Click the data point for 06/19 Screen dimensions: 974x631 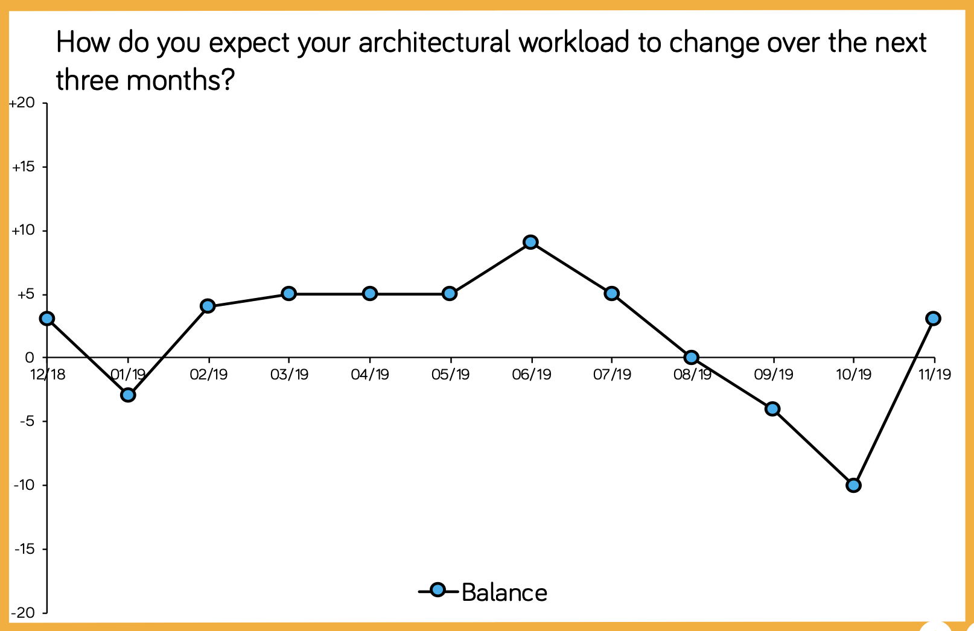(530, 242)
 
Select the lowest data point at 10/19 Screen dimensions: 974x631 (853, 486)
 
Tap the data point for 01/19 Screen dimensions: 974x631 (128, 395)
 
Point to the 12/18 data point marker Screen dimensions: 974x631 (47, 319)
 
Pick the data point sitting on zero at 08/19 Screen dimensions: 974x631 (692, 358)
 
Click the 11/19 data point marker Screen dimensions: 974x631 (933, 319)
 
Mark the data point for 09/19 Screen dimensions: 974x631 (772, 409)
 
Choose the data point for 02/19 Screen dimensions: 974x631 (208, 306)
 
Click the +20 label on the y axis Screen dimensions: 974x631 (22, 103)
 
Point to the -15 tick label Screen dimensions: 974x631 (24, 550)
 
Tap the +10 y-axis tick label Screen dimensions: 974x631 (23, 230)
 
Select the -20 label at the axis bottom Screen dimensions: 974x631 (22, 613)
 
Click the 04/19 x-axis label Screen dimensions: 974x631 (370, 374)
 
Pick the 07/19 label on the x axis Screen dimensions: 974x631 (612, 374)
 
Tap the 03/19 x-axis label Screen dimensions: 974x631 (289, 374)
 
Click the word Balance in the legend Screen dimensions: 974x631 (505, 593)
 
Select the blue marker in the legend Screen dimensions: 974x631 (438, 590)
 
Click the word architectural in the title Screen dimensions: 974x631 (434, 42)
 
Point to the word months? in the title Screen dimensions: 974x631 (180, 80)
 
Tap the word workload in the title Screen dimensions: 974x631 (574, 42)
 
